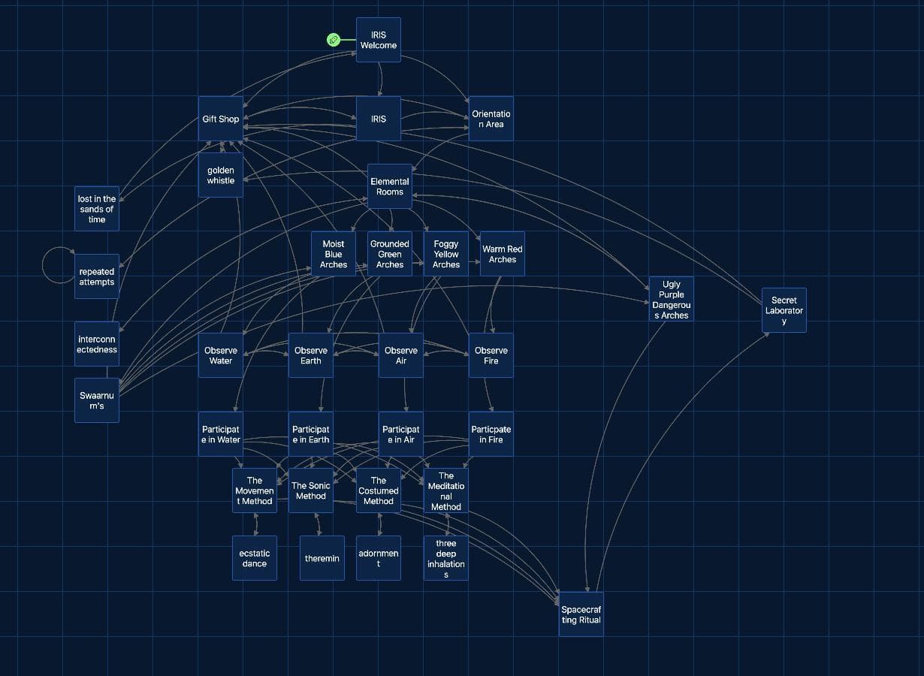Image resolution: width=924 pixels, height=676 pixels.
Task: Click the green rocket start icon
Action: coord(334,40)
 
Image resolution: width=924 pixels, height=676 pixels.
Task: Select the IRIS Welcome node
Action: coord(379,40)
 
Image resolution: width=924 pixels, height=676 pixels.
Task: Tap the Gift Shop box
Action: coord(221,119)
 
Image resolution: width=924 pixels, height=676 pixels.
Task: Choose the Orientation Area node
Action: coord(491,119)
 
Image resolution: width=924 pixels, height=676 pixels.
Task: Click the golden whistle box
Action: coord(221,175)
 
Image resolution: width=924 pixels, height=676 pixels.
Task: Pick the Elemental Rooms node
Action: coord(389,186)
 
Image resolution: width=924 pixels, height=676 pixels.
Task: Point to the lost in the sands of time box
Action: coord(96,209)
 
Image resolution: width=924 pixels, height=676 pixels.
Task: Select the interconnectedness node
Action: coord(96,344)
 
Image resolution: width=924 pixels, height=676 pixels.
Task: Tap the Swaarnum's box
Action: coord(96,400)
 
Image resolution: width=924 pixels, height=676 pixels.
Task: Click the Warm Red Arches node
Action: coord(502,254)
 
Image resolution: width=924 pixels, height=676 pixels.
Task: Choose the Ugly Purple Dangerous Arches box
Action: coord(671,299)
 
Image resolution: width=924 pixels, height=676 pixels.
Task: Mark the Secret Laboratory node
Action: coord(784,310)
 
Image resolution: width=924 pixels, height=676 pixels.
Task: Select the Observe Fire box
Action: coord(491,355)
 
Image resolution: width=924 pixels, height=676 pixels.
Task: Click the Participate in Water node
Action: coord(221,434)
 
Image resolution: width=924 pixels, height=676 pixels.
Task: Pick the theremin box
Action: coord(322,558)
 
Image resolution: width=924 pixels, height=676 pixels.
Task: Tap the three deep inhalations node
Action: coord(446,558)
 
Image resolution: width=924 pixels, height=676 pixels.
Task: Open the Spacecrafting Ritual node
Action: coord(581,614)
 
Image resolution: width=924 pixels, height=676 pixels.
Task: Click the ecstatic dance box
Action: coord(255,558)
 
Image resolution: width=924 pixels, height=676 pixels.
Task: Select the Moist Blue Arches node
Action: coord(334,254)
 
